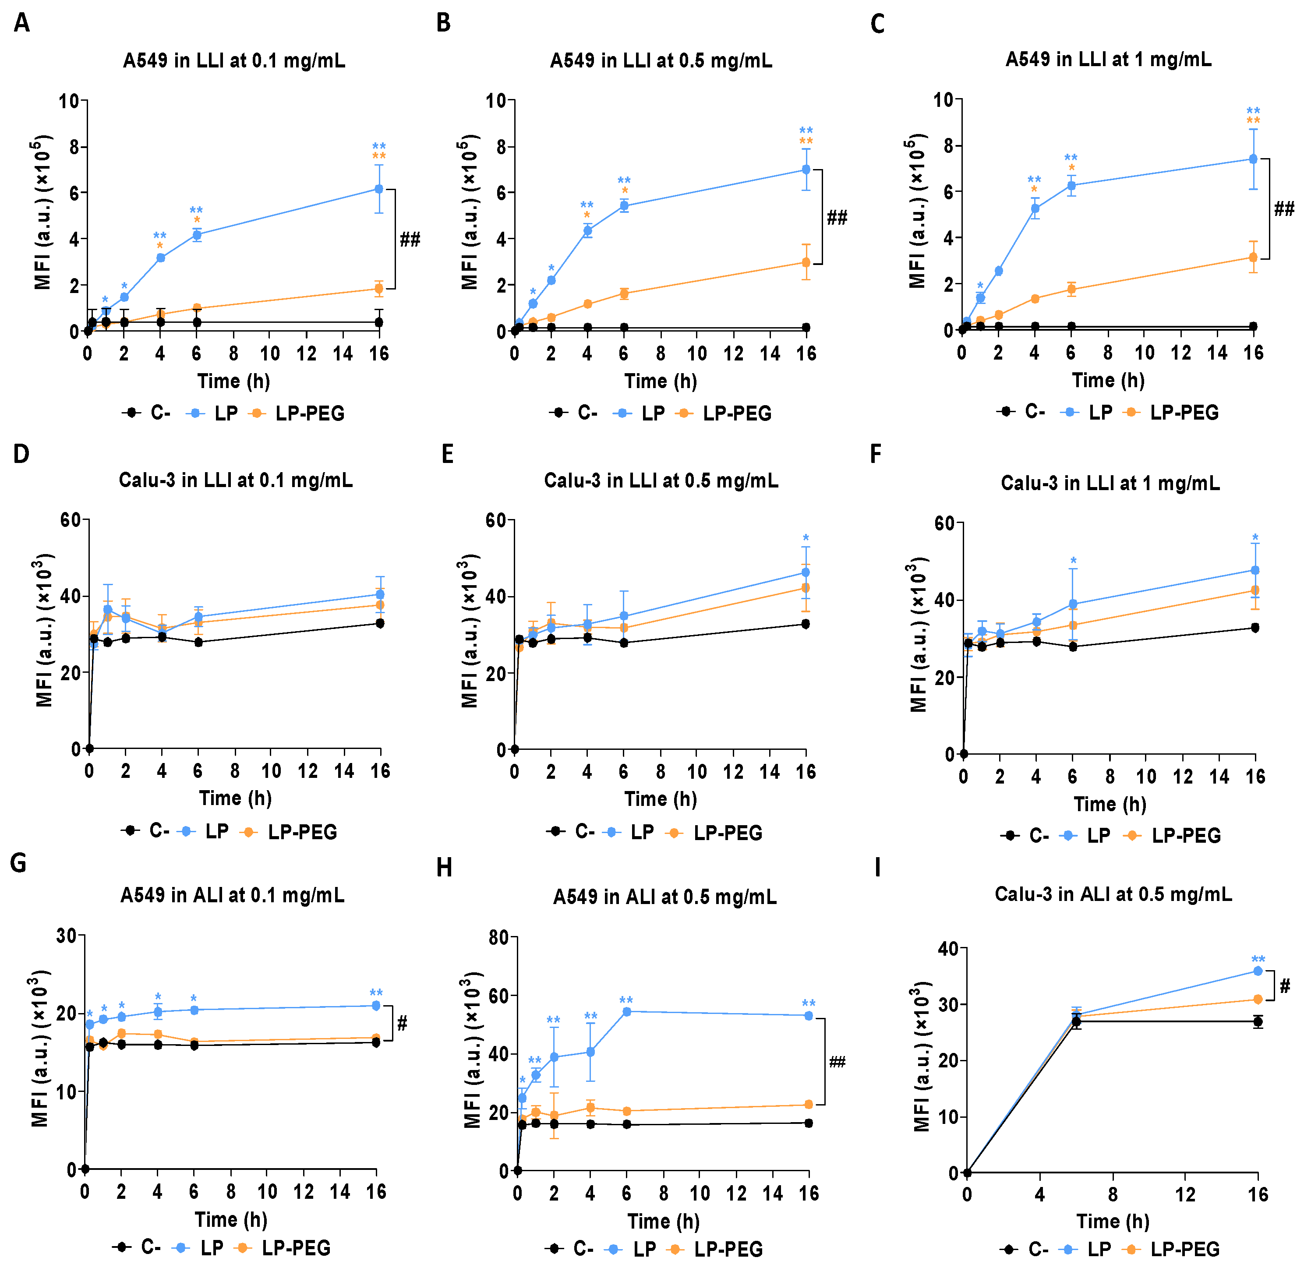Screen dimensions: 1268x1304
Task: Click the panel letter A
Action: point(21,23)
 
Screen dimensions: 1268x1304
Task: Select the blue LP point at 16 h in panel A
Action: point(379,189)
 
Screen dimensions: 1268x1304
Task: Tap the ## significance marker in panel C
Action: point(1284,209)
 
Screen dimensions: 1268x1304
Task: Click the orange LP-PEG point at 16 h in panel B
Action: point(806,262)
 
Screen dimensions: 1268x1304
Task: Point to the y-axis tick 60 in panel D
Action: point(71,520)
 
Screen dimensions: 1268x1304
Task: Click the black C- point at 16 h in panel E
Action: point(806,624)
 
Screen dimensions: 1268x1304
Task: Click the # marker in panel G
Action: point(402,1024)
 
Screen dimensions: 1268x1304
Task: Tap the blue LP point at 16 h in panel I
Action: point(1258,971)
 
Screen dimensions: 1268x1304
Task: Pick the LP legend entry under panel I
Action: point(1088,1249)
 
